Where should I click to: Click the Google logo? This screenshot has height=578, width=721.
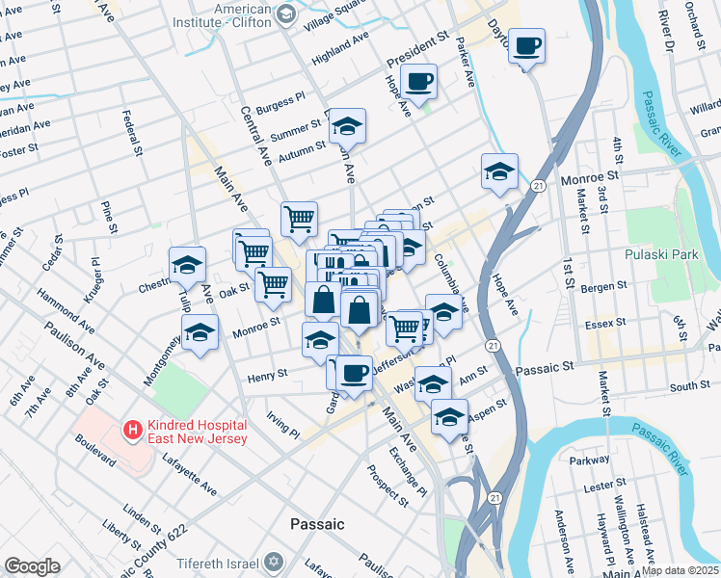coord(32,566)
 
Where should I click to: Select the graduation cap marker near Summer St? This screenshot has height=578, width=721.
coord(347,125)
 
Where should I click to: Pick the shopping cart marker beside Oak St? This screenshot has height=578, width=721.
coord(274,283)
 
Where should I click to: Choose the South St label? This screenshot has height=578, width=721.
coord(690,386)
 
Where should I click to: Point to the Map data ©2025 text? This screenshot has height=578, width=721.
coord(680,570)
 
